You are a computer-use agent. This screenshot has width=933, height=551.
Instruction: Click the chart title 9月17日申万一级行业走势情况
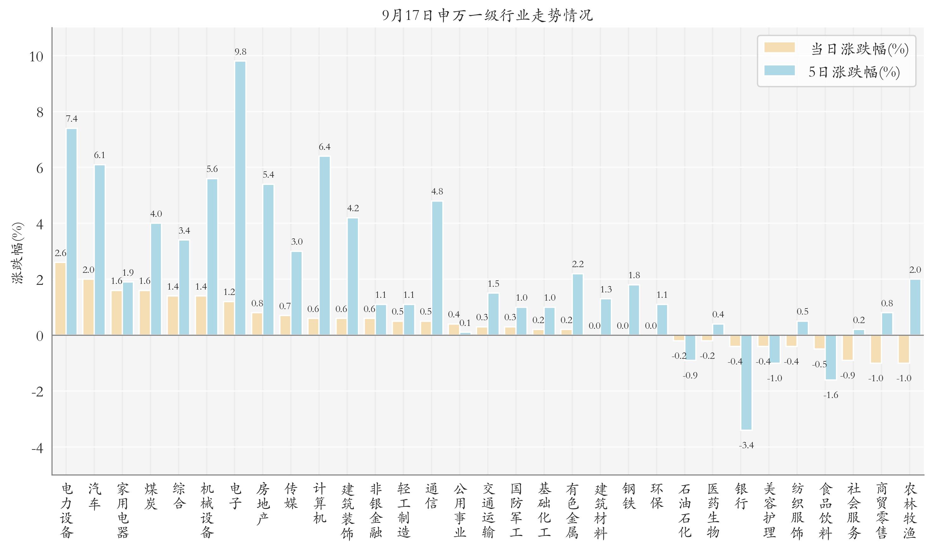coord(488,15)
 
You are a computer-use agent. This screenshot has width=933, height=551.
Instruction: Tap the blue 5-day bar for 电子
coord(240,198)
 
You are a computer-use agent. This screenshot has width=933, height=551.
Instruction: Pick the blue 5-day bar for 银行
coord(746,383)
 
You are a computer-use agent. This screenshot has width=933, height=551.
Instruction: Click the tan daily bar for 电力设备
coord(60,299)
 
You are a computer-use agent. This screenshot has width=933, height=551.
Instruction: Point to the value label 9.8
coord(240,52)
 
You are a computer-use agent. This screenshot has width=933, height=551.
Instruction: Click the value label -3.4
coord(746,445)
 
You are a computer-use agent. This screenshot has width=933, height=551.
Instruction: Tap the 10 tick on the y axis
coord(36,57)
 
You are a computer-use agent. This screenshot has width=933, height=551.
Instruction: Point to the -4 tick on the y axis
coord(37,448)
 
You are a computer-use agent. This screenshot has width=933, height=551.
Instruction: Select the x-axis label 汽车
coord(94,496)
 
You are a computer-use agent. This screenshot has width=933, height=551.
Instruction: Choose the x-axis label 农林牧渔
coord(910,511)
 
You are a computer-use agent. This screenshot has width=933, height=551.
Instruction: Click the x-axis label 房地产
coord(262,504)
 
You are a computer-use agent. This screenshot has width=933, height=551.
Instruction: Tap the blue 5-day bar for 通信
coord(437,268)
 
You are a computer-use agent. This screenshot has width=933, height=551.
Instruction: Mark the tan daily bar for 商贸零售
coord(876,349)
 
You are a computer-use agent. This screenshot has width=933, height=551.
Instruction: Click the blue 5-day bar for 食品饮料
coord(831,357)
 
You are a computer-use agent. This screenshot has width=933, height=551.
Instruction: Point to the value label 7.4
coord(72,119)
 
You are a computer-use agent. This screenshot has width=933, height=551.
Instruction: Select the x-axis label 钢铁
coord(629,496)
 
